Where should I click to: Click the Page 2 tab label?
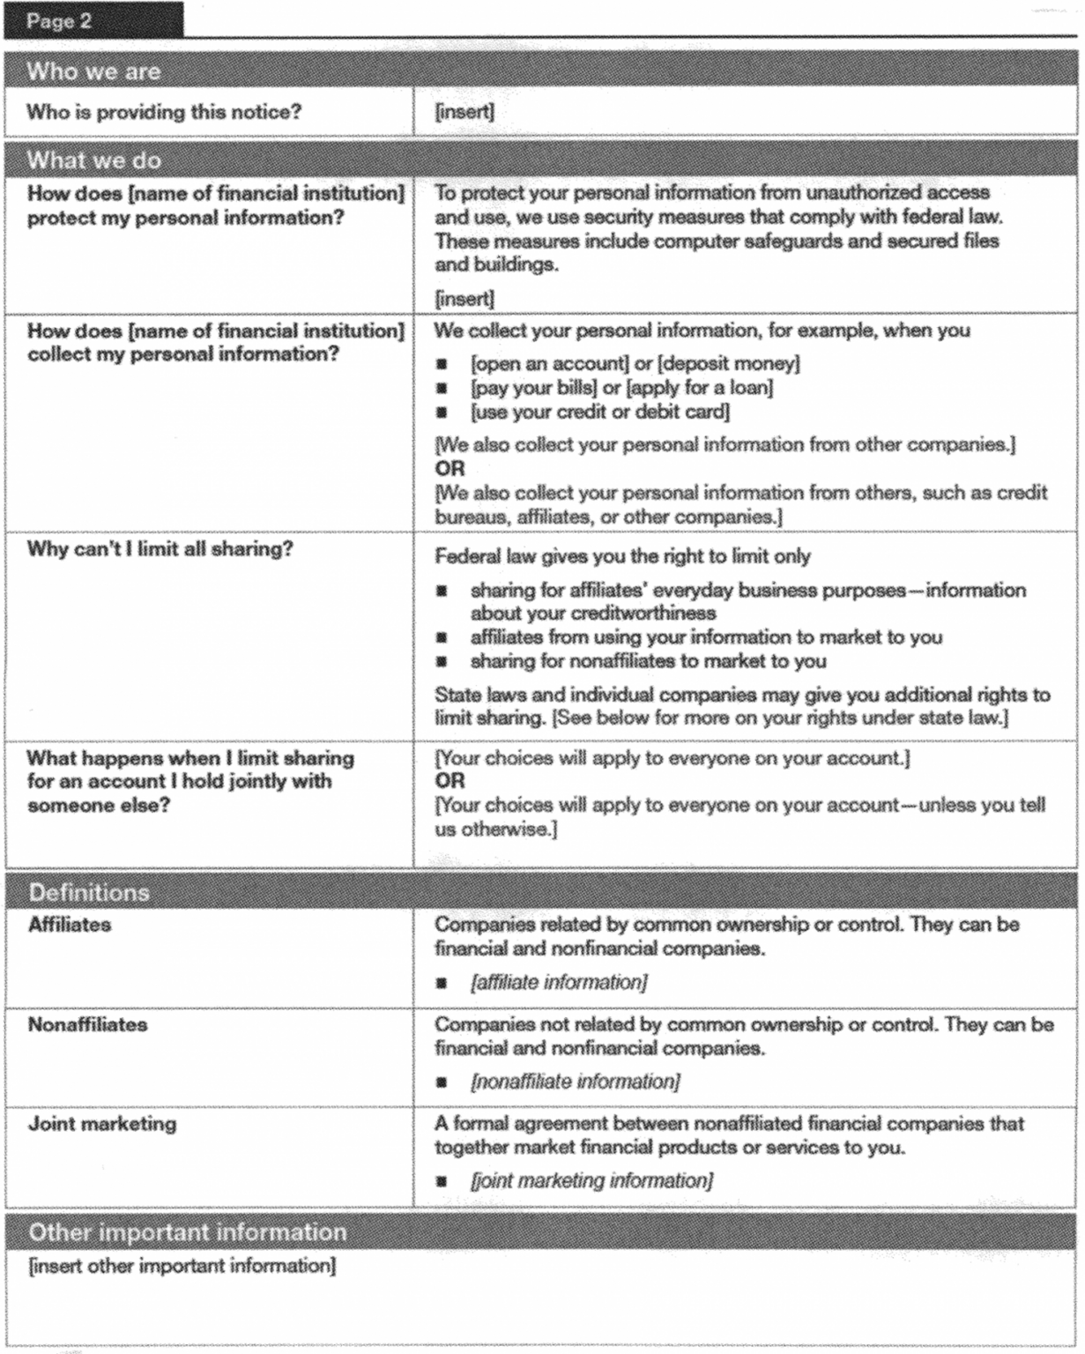click(59, 20)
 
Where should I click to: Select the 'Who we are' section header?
click(93, 71)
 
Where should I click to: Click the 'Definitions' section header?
click(88, 892)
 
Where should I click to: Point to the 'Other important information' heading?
click(188, 1231)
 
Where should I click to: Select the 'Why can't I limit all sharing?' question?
click(160, 549)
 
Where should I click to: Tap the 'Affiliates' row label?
click(70, 925)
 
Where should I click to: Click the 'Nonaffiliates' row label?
click(87, 1024)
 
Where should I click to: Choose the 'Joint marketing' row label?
click(101, 1123)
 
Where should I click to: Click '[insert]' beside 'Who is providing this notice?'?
click(464, 112)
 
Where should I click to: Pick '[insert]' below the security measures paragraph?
click(464, 298)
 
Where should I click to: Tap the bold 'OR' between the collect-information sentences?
click(450, 468)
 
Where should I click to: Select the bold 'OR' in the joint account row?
click(450, 781)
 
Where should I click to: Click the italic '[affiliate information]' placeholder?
click(559, 982)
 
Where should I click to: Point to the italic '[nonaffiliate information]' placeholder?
click(576, 1082)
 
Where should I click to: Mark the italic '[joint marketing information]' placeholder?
click(591, 1180)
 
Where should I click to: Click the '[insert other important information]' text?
click(182, 1266)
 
